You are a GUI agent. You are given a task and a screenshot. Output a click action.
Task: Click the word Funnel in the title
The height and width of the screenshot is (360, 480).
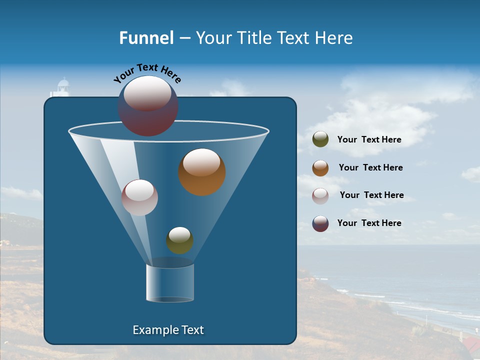pyautogui.click(x=146, y=38)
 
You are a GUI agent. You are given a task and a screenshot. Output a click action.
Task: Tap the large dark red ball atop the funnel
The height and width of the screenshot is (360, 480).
pyautogui.click(x=148, y=106)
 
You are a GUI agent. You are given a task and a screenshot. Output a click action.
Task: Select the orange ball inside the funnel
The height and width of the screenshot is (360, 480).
pyautogui.click(x=201, y=172)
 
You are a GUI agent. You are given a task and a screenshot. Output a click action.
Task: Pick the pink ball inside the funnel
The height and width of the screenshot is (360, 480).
pyautogui.click(x=139, y=197)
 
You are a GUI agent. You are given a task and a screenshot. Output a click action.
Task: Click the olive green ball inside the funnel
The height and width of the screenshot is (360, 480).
pyautogui.click(x=179, y=240)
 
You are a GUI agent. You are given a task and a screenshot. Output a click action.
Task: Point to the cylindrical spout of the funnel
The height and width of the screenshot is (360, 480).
pyautogui.click(x=170, y=283)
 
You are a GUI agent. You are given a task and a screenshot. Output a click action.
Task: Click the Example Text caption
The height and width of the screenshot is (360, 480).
pyautogui.click(x=168, y=330)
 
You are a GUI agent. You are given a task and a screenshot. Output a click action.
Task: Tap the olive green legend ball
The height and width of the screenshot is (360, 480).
pyautogui.click(x=320, y=139)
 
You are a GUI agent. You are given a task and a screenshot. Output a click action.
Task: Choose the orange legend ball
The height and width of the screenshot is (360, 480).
pyautogui.click(x=320, y=168)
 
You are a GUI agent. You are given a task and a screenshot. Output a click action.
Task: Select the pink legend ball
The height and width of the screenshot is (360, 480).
pyautogui.click(x=320, y=195)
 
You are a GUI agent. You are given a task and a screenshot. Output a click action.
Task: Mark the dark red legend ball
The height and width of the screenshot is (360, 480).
pyautogui.click(x=320, y=223)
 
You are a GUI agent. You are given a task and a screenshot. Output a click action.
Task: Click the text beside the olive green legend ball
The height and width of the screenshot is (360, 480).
pyautogui.click(x=369, y=140)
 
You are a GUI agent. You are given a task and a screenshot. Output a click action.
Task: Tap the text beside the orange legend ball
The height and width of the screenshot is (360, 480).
pyautogui.click(x=370, y=167)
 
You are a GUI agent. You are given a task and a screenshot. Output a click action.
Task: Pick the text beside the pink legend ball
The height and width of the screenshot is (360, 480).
pyautogui.click(x=371, y=195)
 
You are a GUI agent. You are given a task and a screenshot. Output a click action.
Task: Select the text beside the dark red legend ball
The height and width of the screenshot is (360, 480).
pyautogui.click(x=369, y=223)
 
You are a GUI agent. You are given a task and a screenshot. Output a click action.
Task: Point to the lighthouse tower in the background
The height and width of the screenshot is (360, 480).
pyautogui.click(x=62, y=88)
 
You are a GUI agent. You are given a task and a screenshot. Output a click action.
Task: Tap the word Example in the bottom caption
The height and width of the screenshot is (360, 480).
pyautogui.click(x=154, y=330)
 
